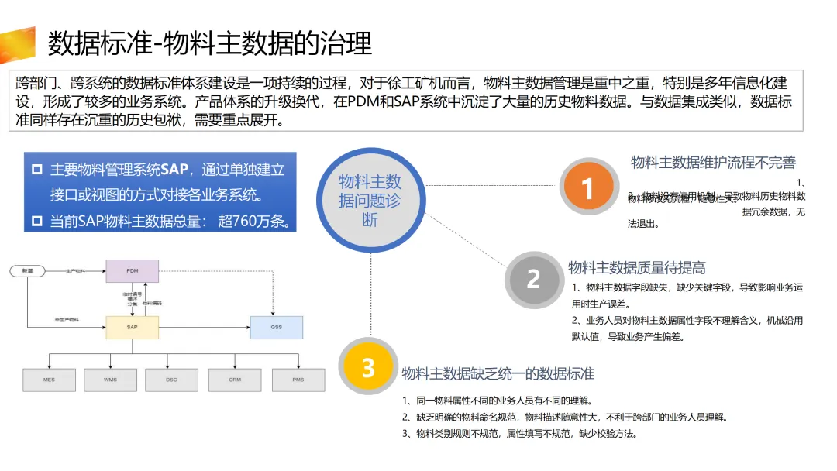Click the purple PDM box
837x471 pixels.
tap(133, 271)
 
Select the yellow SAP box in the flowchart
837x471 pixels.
tap(133, 328)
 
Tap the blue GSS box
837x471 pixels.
tap(276, 328)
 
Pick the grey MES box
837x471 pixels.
tap(49, 380)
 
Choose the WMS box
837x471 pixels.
tap(110, 380)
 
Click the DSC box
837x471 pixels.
tap(171, 380)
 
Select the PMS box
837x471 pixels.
tap(298, 380)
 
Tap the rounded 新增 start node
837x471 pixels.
tap(28, 271)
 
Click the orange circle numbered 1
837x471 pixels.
tap(587, 187)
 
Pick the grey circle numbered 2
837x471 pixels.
tap(533, 279)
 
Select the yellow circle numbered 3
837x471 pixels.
tap(368, 367)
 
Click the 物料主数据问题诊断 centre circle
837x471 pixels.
tap(370, 201)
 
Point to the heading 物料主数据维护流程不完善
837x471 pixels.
tap(713, 163)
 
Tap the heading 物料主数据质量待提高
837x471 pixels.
tap(637, 268)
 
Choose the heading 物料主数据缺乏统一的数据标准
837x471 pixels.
tap(498, 374)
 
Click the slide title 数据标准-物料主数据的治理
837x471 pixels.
tap(210, 43)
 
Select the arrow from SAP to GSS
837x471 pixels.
tap(205, 328)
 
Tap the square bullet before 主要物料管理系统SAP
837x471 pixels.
tap(37, 170)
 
